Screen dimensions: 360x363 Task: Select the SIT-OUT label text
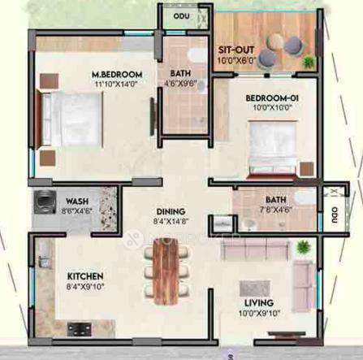[236, 49]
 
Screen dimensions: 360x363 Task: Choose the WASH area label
[78, 201]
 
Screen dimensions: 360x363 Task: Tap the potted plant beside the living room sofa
[303, 247]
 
